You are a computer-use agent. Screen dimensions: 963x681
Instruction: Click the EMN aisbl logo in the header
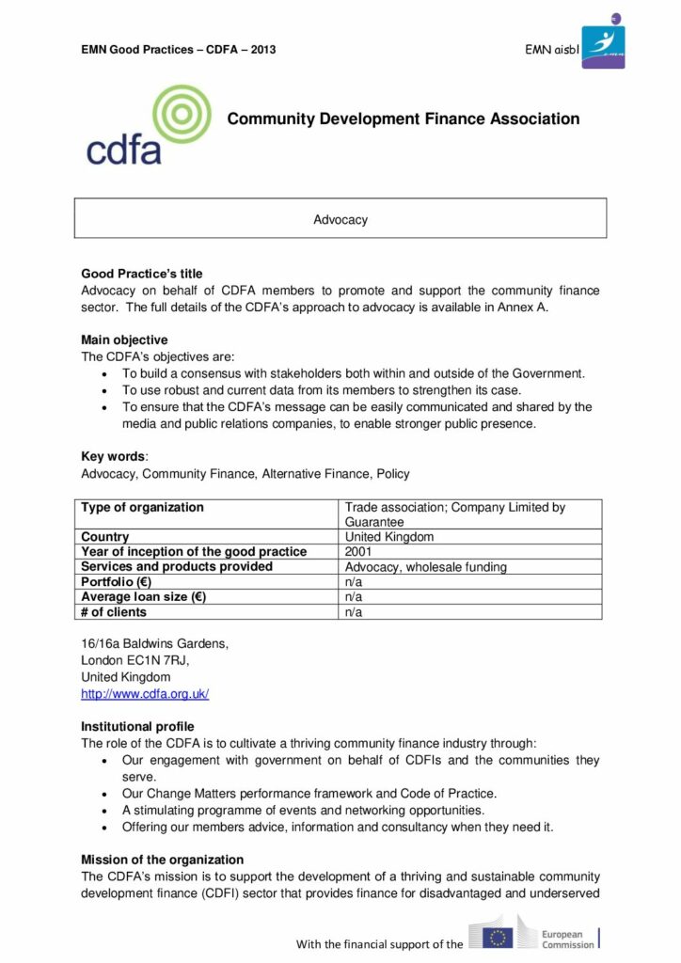603,42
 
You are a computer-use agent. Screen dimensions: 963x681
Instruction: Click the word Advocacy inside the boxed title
340,220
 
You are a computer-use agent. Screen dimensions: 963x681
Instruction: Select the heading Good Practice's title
141,275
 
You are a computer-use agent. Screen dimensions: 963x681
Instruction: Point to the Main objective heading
124,339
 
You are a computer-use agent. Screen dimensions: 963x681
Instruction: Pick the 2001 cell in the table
359,552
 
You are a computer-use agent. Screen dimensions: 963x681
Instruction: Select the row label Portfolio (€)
116,582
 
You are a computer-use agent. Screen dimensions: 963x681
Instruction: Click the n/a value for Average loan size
355,597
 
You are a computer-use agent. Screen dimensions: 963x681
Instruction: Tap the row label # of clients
114,612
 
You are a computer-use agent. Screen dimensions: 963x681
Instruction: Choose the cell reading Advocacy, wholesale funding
426,567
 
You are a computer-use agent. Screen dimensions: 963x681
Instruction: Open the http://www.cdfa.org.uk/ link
145,694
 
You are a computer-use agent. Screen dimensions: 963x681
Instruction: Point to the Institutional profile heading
137,727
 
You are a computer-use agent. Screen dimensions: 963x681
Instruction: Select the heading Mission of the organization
162,860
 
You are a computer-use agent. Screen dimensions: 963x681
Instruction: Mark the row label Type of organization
142,508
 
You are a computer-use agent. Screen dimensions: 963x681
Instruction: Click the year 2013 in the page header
262,49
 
